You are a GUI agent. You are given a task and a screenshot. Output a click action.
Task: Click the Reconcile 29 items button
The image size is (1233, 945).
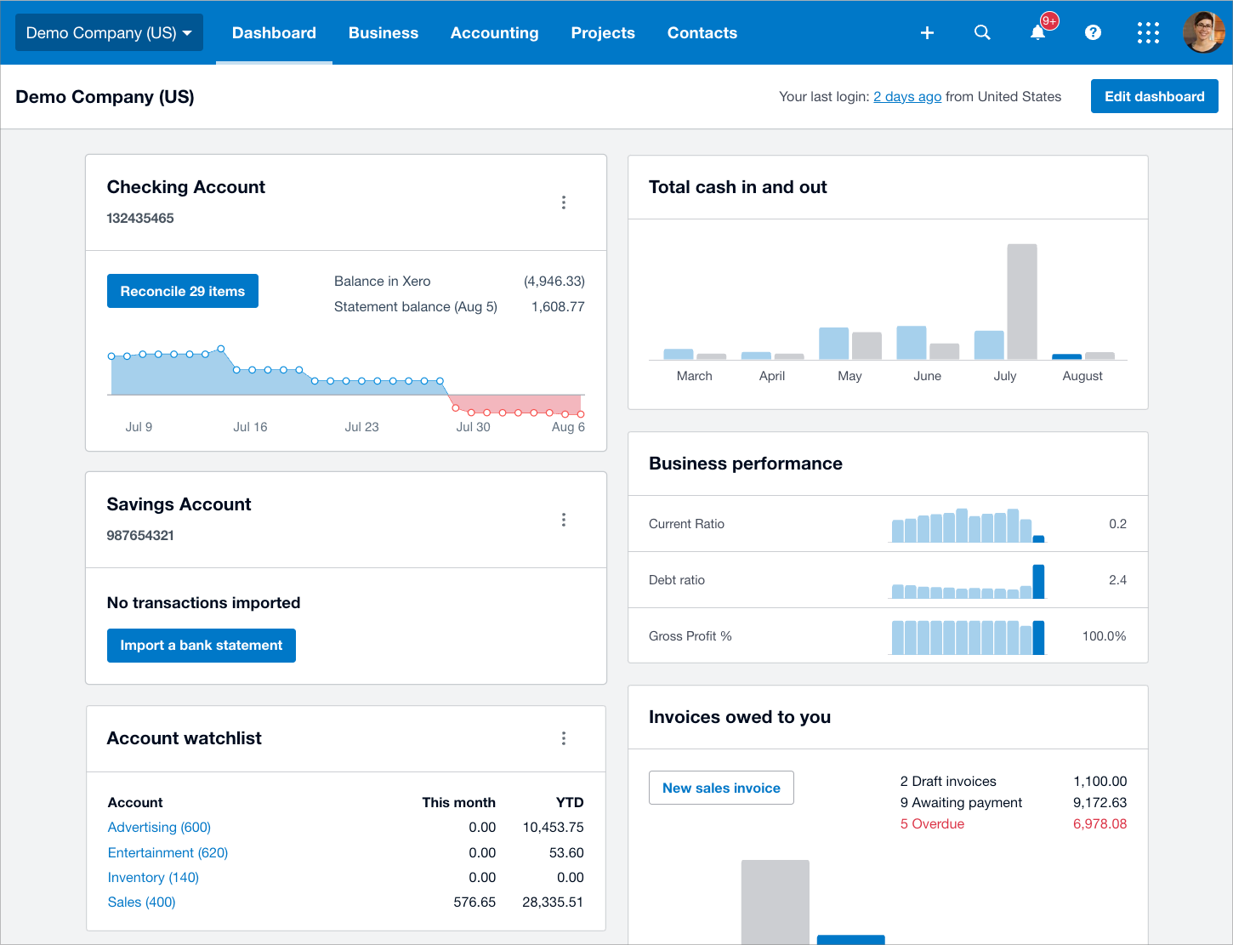(x=182, y=291)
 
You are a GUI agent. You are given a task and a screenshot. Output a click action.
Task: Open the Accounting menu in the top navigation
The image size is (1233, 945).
(x=494, y=33)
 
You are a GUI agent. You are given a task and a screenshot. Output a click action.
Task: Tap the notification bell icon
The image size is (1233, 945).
(x=1037, y=33)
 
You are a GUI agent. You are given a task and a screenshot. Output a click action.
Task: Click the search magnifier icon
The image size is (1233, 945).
(x=982, y=32)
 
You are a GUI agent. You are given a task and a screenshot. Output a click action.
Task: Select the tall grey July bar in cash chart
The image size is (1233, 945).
(x=1022, y=301)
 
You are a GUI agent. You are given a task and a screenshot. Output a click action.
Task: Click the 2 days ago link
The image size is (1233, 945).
(x=906, y=96)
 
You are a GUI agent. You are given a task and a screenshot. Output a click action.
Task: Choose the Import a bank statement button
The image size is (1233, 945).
(x=201, y=646)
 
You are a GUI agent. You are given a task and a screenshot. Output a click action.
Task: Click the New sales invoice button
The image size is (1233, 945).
(x=721, y=788)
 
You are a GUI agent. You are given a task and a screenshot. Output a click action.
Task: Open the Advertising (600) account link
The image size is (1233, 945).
(x=159, y=827)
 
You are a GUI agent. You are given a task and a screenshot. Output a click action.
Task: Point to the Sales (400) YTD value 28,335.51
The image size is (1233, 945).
(x=552, y=902)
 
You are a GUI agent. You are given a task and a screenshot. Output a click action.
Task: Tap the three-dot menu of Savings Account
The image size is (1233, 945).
(x=564, y=520)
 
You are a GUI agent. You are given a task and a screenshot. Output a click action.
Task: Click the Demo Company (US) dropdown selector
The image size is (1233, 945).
(x=109, y=32)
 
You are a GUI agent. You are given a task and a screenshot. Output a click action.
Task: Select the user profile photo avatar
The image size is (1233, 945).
(x=1203, y=32)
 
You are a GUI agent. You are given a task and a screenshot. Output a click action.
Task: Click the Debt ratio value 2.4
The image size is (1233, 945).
(x=1117, y=580)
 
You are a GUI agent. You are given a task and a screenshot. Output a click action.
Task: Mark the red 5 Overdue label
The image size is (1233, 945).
(x=932, y=823)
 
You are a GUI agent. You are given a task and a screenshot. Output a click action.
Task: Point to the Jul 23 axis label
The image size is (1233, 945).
(x=361, y=427)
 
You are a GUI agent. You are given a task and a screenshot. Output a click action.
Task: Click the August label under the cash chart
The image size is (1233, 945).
(x=1082, y=376)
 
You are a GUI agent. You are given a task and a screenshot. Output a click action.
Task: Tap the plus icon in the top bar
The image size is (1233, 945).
(x=927, y=33)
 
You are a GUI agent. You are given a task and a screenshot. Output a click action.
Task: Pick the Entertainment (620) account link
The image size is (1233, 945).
(x=168, y=852)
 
